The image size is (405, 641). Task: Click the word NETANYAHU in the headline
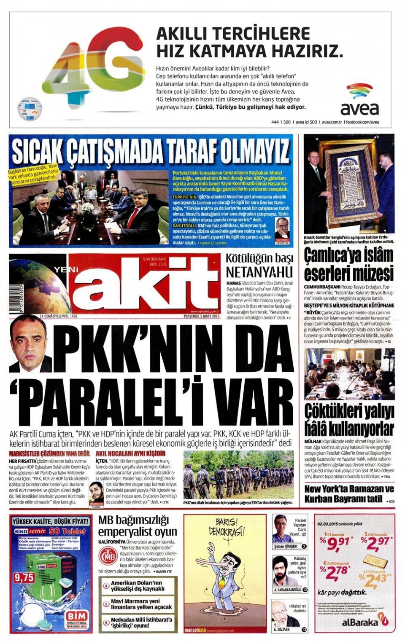[x=259, y=271]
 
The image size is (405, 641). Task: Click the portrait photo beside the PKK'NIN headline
[x=28, y=344]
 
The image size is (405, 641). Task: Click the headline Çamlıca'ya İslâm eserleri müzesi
[x=348, y=264]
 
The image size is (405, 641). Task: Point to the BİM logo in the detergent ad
[x=77, y=618]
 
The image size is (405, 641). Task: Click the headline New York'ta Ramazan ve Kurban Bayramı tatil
[x=348, y=493]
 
